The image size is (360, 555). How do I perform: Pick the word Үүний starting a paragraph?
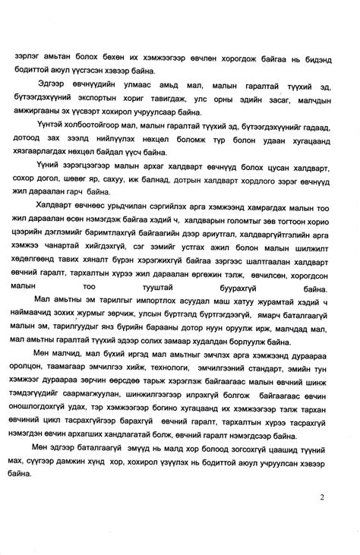pos(49,165)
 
